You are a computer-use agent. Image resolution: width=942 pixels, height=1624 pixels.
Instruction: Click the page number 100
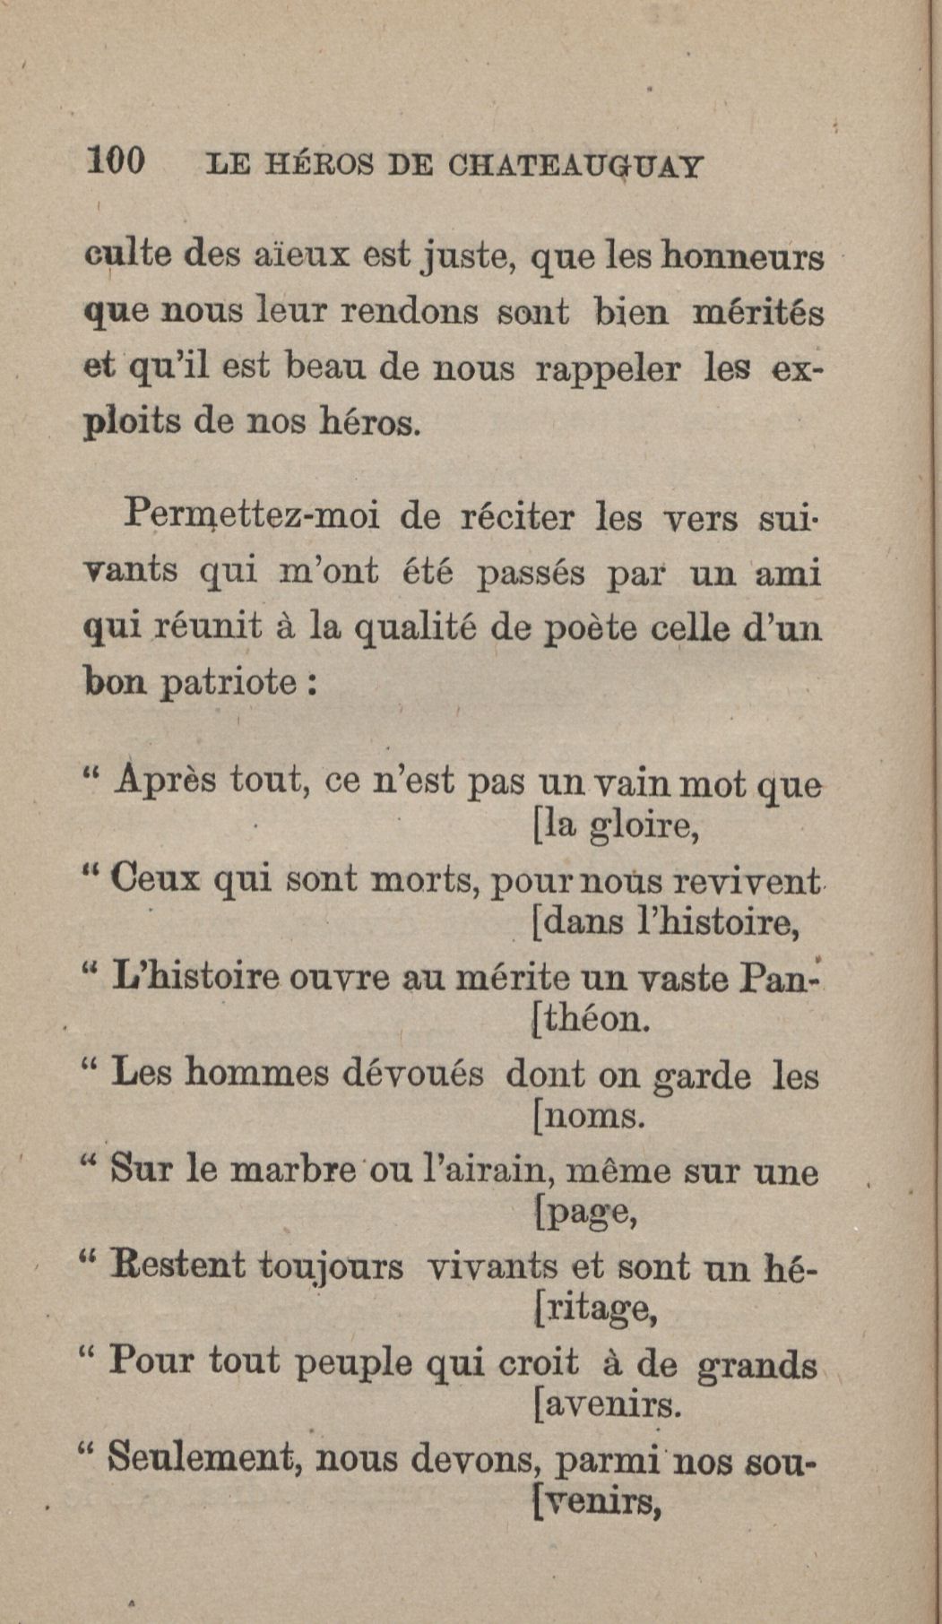click(x=116, y=162)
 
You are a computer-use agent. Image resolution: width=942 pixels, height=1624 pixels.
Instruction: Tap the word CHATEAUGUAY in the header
click(x=575, y=167)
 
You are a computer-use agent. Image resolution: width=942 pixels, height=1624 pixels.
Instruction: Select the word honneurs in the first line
click(x=741, y=257)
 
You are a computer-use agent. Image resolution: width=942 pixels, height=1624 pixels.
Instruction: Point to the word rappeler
click(x=607, y=369)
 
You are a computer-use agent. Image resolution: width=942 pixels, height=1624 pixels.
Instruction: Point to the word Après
click(x=166, y=780)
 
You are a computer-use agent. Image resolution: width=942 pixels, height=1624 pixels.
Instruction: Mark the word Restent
click(x=177, y=1266)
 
